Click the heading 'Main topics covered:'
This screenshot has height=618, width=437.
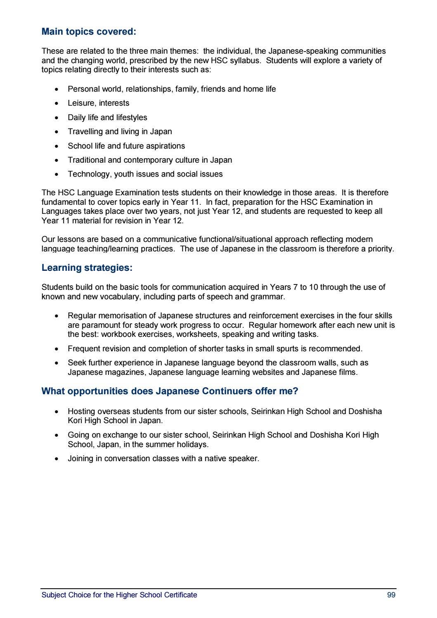click(89, 32)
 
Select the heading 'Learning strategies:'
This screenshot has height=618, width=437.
click(87, 268)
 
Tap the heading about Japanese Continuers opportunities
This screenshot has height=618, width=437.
click(170, 391)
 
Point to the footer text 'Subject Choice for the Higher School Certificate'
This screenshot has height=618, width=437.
click(119, 595)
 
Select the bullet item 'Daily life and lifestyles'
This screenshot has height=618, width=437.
click(107, 118)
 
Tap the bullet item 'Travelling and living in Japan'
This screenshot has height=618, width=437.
click(120, 132)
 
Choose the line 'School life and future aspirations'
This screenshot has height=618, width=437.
click(126, 146)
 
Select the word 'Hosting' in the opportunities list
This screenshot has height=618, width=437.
click(81, 412)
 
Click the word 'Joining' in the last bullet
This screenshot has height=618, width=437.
click(80, 459)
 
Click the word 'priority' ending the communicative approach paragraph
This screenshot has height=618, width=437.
click(379, 249)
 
